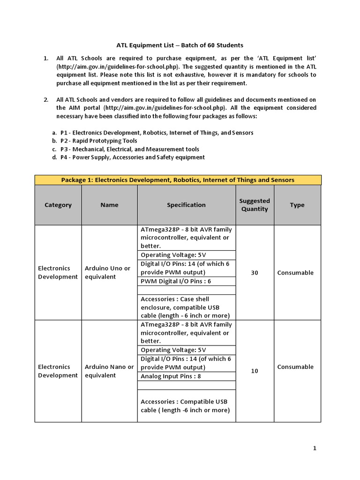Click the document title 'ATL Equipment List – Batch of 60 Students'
tap(180, 45)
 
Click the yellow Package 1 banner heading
tap(178, 180)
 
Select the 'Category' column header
tap(58, 205)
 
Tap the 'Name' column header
tap(109, 205)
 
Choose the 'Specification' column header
tap(186, 205)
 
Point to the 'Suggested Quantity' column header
tap(255, 205)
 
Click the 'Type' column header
tap(297, 205)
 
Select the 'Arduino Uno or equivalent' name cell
tap(107, 272)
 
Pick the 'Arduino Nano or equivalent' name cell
tap(109, 371)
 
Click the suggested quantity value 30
tap(255, 273)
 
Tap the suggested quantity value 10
tap(255, 371)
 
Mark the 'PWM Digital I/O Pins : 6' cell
tap(176, 281)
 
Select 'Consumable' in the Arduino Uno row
tap(295, 273)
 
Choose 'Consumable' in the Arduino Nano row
tap(295, 367)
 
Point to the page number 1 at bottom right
tap(315, 448)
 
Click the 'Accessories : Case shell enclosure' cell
tap(186, 307)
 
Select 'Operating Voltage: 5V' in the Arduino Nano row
tap(173, 350)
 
